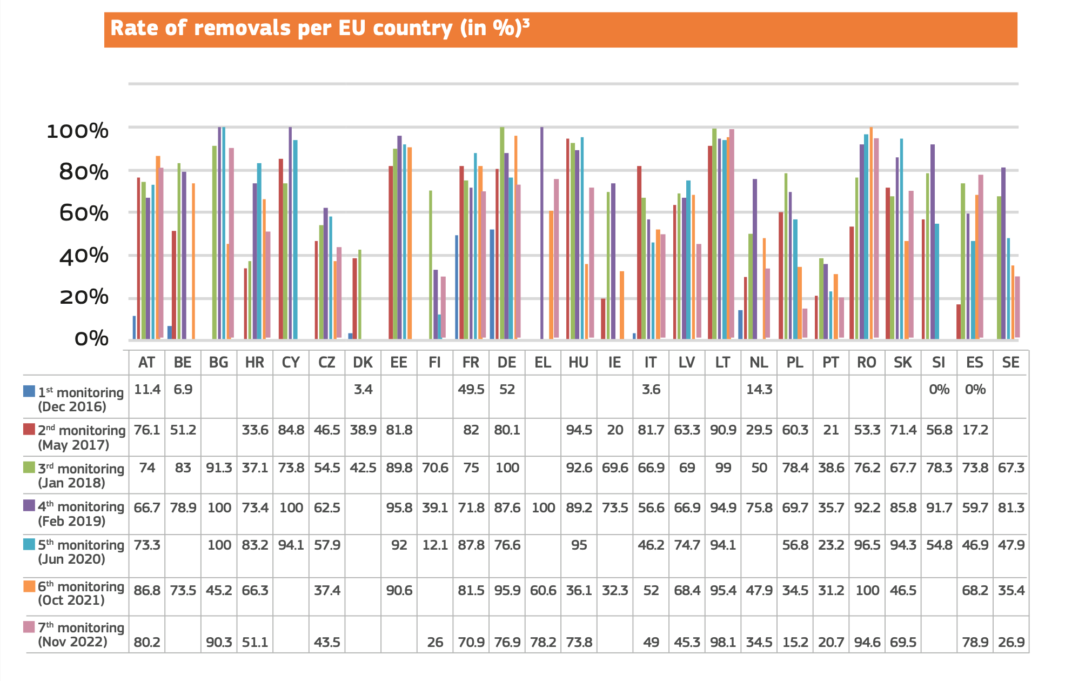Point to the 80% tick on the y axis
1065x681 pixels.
pos(84,172)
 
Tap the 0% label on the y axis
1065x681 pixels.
pos(92,339)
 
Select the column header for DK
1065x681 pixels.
pos(363,362)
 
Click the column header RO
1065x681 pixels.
pos(867,362)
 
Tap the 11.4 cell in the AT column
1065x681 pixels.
pos(147,390)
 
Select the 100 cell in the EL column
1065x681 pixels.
pos(543,508)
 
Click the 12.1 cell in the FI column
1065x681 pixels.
pos(435,545)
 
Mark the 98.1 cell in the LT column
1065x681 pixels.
pos(723,642)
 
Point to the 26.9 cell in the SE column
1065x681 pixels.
pos(1011,642)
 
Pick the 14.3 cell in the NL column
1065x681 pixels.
pos(759,390)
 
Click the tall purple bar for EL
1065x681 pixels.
pos(542,232)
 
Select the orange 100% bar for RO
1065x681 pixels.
pos(871,232)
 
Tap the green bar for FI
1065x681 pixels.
pos(431,265)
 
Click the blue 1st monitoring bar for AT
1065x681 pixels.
pos(134,327)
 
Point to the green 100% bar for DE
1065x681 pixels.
pos(502,232)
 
